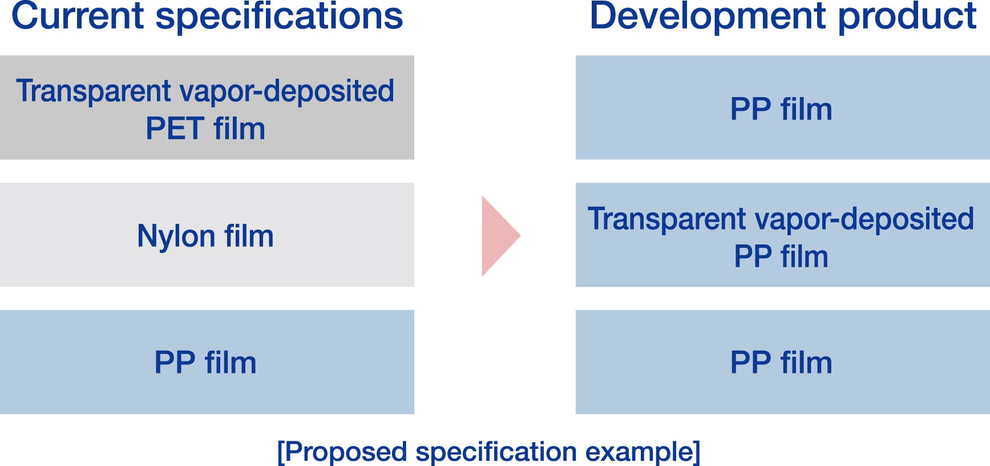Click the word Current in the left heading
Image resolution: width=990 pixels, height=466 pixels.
tap(77, 16)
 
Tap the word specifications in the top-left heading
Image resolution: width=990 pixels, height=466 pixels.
tap(279, 16)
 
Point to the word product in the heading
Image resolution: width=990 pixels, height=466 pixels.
tap(907, 16)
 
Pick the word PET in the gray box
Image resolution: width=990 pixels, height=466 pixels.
tap(175, 128)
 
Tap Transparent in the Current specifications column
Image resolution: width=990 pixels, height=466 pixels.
tap(94, 91)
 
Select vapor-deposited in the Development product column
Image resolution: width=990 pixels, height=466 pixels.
tap(864, 219)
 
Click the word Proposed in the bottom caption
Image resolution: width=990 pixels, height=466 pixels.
tap(345, 452)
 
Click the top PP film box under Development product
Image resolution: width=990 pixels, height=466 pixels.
tap(782, 107)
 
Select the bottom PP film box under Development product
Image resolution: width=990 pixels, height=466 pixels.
tap(782, 362)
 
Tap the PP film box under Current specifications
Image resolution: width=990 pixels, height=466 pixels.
tap(207, 362)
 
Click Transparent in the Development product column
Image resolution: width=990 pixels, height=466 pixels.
tap(667, 219)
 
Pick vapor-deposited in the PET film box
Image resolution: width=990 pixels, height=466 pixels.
tap(286, 91)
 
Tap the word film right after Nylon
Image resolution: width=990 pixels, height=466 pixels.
tap(249, 236)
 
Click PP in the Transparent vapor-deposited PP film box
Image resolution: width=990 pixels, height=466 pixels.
tap(753, 256)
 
